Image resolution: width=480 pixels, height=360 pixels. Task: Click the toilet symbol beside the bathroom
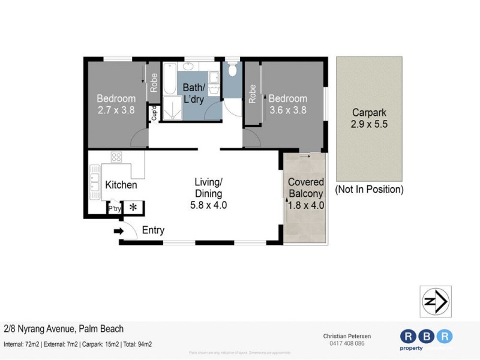(233, 71)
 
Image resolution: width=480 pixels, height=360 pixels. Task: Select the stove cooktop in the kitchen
(116, 157)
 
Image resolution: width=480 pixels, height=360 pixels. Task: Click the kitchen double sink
(94, 181)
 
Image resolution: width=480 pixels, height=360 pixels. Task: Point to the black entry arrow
(118, 231)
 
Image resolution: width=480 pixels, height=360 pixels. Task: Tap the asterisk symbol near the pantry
(133, 208)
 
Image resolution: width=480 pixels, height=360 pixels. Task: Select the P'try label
(114, 209)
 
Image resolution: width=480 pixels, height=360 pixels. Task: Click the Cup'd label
(154, 113)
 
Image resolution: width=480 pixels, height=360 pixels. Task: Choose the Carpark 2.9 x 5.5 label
(369, 118)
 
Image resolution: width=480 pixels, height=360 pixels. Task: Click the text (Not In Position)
(369, 190)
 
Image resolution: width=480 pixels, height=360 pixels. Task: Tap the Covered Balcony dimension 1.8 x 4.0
(306, 205)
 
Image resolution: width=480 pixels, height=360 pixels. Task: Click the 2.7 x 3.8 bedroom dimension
(116, 110)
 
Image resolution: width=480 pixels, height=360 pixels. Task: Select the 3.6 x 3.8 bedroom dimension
(287, 110)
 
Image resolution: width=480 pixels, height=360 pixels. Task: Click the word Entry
(153, 230)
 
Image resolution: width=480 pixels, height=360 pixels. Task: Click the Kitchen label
(121, 185)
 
